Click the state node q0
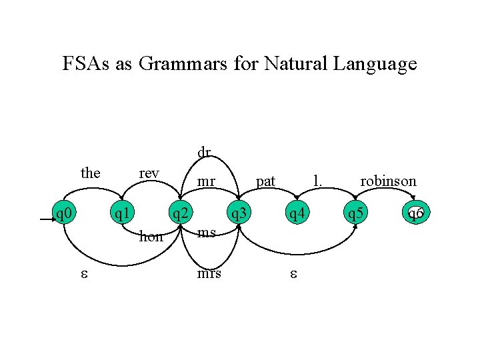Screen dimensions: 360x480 (x=64, y=213)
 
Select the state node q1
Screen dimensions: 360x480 (x=121, y=213)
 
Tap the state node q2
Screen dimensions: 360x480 (x=179, y=213)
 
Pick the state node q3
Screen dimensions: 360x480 (x=238, y=213)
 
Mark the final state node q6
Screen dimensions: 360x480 (x=415, y=213)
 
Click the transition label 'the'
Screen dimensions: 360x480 (x=90, y=173)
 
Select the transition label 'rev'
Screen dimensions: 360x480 (x=149, y=173)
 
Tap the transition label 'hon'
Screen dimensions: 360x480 (x=151, y=236)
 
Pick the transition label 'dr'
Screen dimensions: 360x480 (x=203, y=152)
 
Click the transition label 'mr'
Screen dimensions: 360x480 (x=207, y=181)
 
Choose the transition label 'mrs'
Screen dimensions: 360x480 (x=209, y=273)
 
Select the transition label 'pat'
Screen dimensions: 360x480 (x=265, y=181)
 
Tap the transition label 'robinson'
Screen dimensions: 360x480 (x=388, y=181)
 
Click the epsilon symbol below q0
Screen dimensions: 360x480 (x=83, y=275)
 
